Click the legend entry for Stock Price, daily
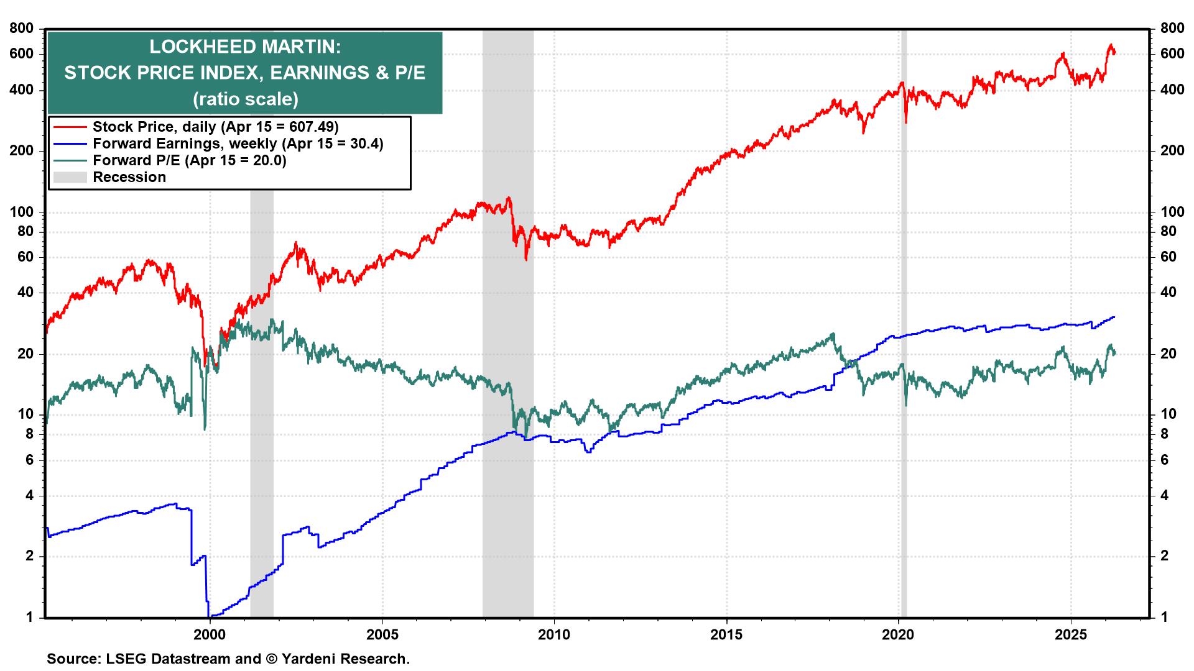pyautogui.click(x=215, y=127)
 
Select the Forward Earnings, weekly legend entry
pyautogui.click(x=238, y=144)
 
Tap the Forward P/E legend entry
pyautogui.click(x=189, y=160)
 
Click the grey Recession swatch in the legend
pyautogui.click(x=69, y=177)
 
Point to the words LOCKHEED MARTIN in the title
pyautogui.click(x=245, y=47)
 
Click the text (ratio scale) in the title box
pyautogui.click(x=245, y=99)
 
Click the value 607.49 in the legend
pyautogui.click(x=310, y=127)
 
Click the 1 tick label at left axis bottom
pyautogui.click(x=29, y=618)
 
